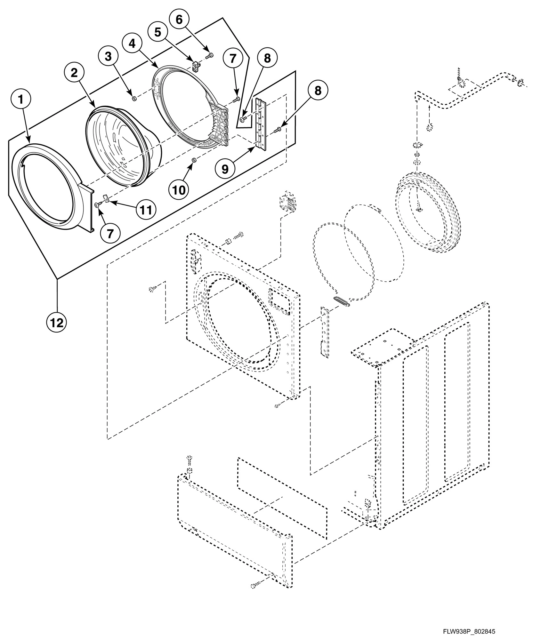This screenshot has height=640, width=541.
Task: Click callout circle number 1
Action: [21, 100]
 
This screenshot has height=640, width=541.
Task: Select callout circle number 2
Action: [74, 73]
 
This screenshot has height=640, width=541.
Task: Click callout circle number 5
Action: [158, 32]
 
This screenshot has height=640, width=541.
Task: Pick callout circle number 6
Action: [179, 20]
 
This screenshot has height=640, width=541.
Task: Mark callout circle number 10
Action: [179, 190]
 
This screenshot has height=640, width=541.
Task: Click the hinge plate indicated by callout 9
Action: [260, 124]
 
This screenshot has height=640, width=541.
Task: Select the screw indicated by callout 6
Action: [210, 57]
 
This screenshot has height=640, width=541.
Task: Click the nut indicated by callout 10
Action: [193, 160]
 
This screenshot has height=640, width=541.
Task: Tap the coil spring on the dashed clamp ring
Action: [342, 301]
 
